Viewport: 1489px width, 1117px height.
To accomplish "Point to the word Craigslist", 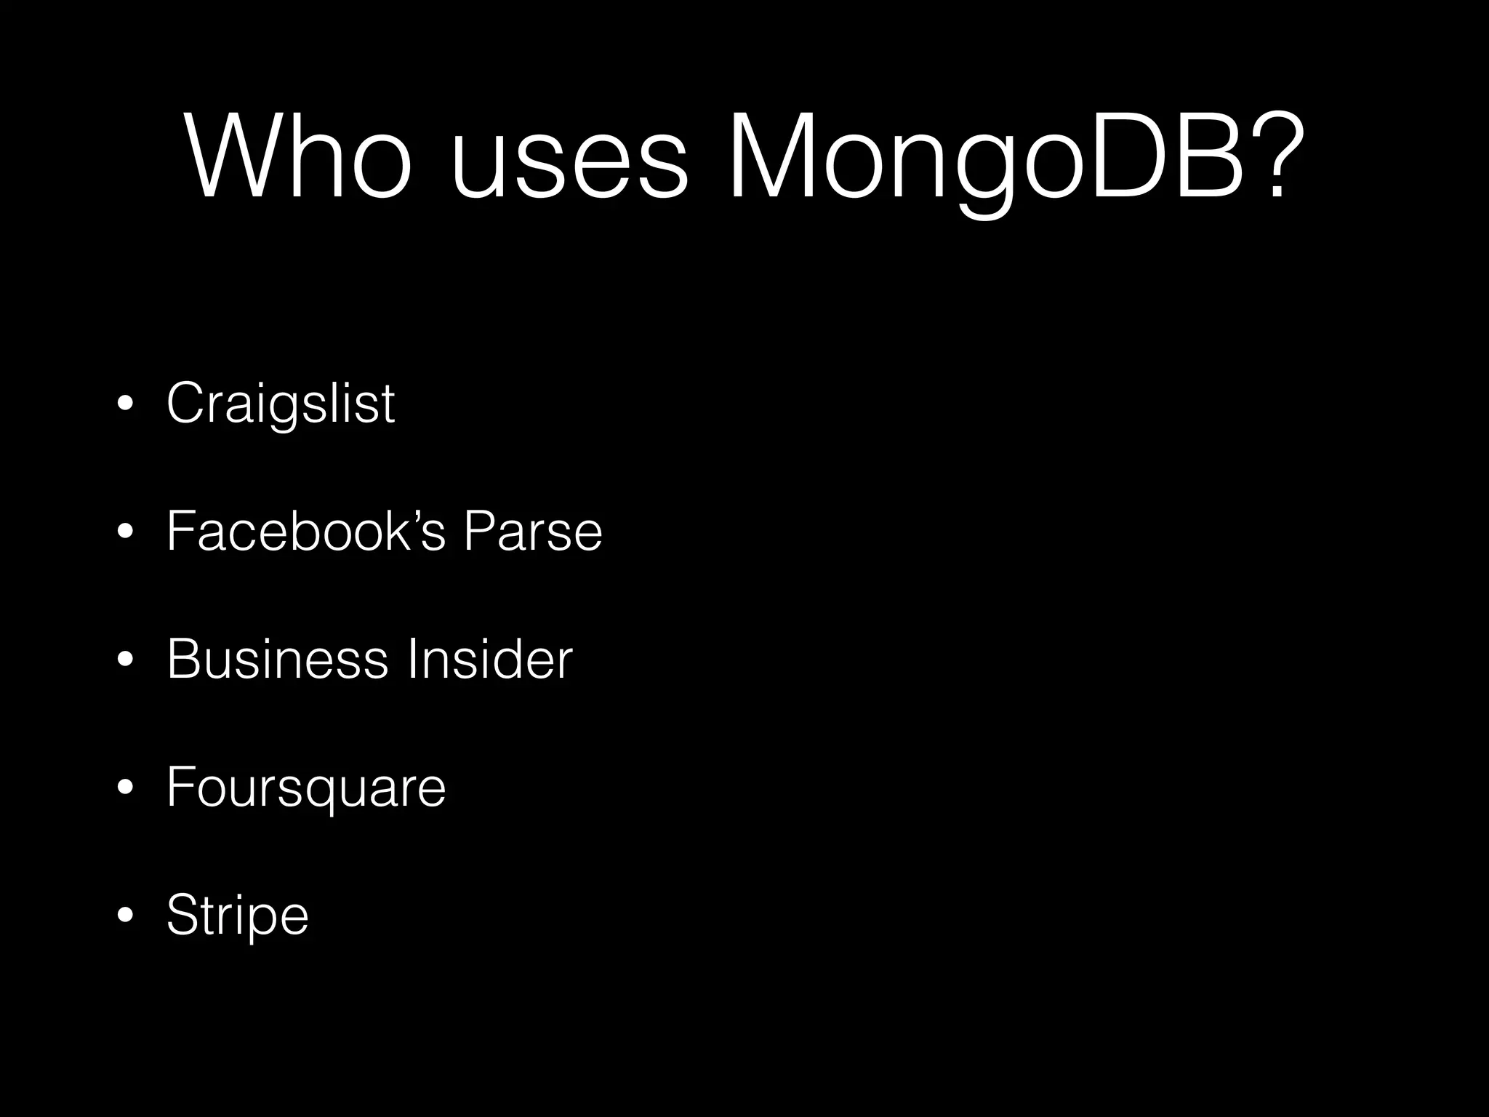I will pos(281,404).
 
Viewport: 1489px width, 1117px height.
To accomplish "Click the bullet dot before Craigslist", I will pos(126,405).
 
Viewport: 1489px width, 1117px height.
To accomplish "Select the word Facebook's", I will pos(305,531).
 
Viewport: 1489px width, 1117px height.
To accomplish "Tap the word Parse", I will pos(533,531).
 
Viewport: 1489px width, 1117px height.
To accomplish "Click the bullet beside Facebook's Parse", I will pos(126,533).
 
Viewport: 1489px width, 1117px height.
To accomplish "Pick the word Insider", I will pos(490,659).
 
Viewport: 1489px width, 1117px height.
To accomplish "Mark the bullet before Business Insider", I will pos(126,660).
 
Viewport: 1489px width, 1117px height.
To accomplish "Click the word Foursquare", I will pos(306,788).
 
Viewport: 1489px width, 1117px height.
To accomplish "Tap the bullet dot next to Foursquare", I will pos(126,788).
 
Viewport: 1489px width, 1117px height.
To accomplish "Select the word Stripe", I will pos(238,916).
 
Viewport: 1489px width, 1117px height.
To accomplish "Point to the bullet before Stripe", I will pos(126,916).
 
